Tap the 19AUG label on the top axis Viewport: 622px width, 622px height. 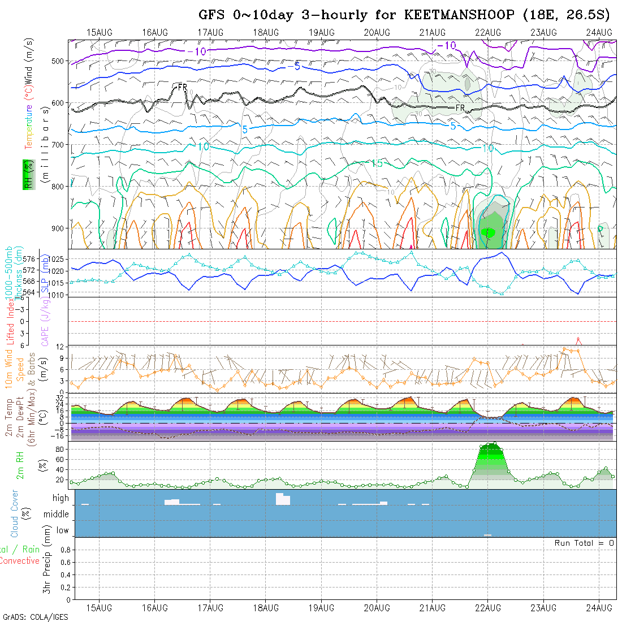coord(321,32)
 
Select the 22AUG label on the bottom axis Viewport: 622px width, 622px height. coord(488,608)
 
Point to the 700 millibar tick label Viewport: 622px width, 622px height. coord(61,145)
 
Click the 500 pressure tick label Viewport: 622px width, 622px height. coord(61,61)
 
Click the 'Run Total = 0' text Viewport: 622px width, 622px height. coord(584,543)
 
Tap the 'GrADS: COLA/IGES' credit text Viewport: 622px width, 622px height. coord(35,617)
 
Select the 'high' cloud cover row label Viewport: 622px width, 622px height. coord(61,498)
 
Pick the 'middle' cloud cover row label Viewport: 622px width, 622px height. coord(57,514)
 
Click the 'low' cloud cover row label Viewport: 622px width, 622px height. coord(62,530)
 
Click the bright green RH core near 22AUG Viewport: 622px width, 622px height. coord(490,232)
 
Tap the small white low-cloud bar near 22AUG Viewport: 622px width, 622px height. coord(487,535)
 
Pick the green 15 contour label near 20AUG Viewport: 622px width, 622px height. coord(377,163)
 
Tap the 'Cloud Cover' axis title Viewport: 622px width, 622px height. coord(15,513)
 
